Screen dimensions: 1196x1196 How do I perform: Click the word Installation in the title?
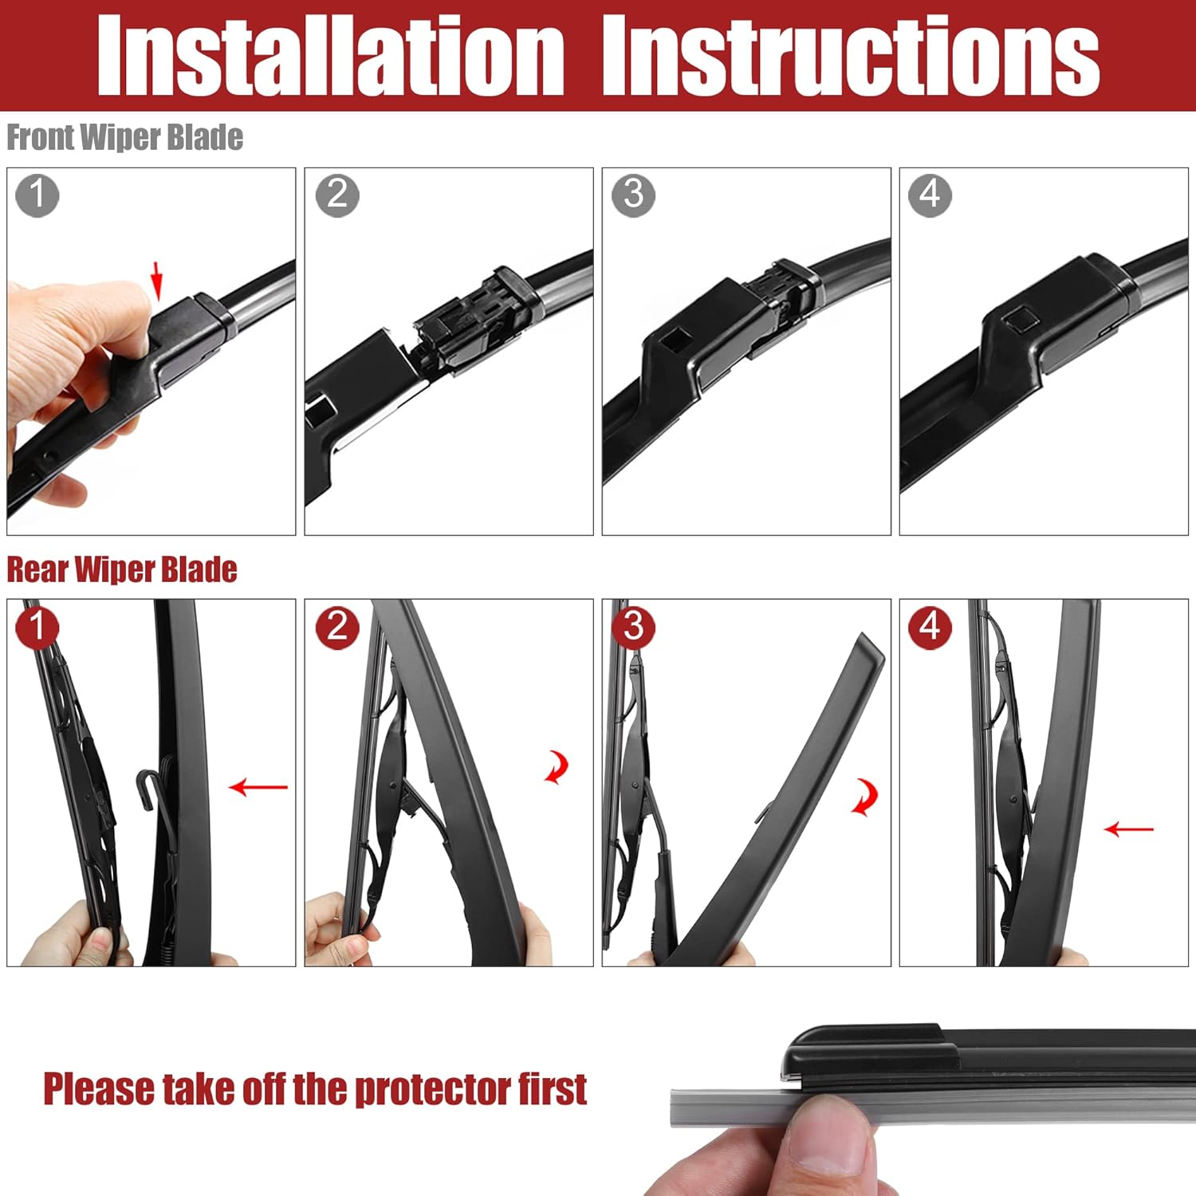click(330, 56)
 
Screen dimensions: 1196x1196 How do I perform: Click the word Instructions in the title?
click(850, 56)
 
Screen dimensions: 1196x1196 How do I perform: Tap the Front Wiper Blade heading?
click(124, 137)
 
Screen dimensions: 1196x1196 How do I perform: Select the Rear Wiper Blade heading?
click(121, 569)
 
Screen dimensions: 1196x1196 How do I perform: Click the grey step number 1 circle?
click(37, 195)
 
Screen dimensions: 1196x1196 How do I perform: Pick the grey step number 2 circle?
click(337, 195)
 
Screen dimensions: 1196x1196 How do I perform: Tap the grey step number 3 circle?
click(633, 195)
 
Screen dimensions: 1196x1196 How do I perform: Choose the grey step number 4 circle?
click(930, 195)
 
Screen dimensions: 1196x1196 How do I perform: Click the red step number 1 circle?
click(37, 627)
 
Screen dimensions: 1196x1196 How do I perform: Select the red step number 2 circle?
click(337, 627)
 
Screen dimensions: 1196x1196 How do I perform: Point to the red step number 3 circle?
click(633, 627)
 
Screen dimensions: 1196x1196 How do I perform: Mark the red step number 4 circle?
click(930, 627)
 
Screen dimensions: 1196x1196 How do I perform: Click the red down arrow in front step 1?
click(157, 283)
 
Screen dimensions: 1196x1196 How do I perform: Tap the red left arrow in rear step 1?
click(258, 788)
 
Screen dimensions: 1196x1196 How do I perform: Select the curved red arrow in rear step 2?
click(557, 767)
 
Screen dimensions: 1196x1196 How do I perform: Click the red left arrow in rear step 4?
click(1128, 830)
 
